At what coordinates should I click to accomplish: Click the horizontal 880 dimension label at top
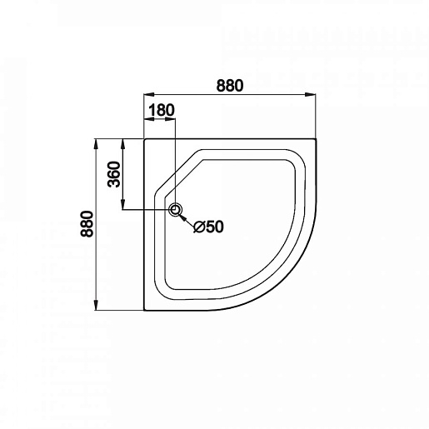tap(230, 86)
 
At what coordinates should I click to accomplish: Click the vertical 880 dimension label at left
tap(87, 224)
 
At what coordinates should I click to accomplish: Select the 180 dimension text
tap(162, 110)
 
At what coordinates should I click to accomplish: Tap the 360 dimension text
tap(114, 174)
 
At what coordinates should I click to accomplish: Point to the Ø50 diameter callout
tap(208, 227)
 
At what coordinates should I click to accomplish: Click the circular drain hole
tap(176, 210)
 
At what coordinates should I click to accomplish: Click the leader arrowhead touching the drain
tap(182, 217)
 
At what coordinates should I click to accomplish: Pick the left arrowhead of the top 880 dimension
tap(149, 95)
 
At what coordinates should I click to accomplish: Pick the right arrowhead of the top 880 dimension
tap(311, 95)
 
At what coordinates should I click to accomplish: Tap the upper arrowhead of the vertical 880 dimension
tap(96, 144)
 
